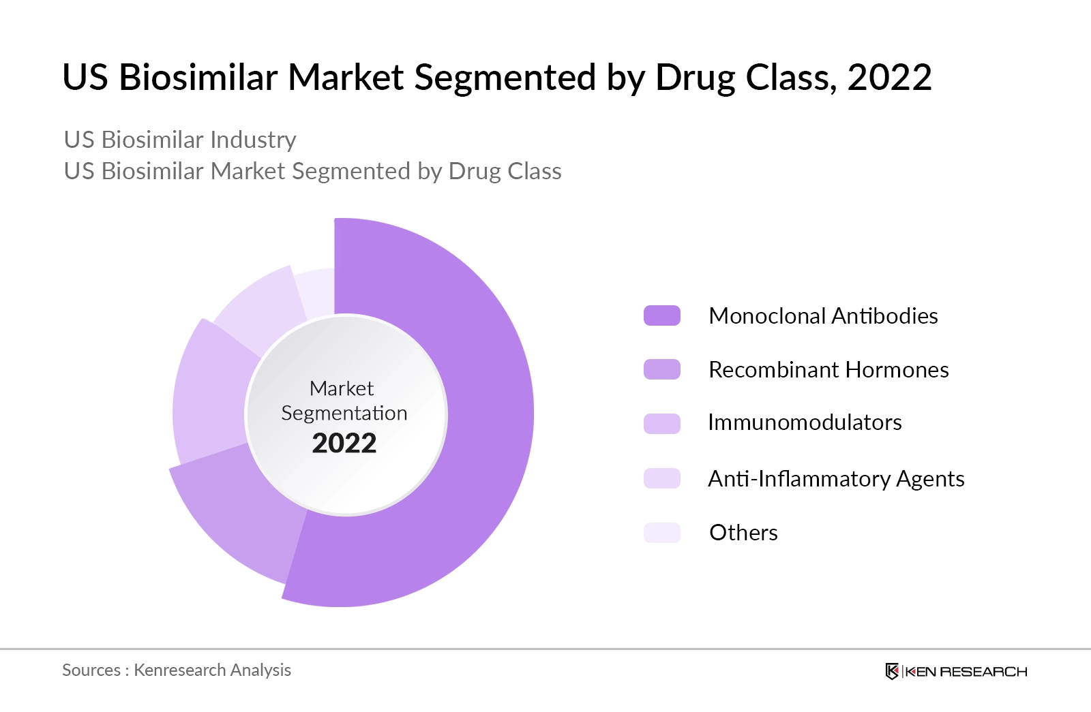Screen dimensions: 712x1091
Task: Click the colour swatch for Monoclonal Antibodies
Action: tap(661, 315)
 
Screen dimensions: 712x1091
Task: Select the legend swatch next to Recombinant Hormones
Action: tap(661, 369)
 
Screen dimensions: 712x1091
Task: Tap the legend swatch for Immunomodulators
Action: tap(661, 423)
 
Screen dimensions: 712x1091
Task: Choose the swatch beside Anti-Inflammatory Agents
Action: tap(661, 478)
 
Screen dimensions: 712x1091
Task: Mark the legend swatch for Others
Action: tap(661, 532)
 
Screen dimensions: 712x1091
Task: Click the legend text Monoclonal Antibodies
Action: tap(823, 315)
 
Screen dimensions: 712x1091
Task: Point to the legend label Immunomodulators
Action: tap(805, 422)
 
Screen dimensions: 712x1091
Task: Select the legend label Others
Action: tap(743, 532)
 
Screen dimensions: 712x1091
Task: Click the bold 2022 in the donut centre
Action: tap(344, 444)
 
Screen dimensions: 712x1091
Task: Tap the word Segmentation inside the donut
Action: tap(344, 414)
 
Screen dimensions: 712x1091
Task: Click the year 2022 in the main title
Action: tap(889, 77)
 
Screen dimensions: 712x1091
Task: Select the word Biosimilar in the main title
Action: tap(198, 77)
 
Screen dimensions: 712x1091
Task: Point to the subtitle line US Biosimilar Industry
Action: tap(180, 140)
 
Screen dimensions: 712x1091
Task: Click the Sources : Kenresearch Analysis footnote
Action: tap(177, 670)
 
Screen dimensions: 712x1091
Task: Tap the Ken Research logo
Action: tap(956, 671)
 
